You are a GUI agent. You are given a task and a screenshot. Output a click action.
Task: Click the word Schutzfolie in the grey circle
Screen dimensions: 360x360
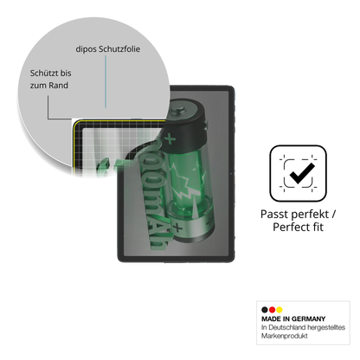click(x=119, y=49)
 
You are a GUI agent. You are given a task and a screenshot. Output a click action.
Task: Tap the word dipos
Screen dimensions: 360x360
click(x=86, y=49)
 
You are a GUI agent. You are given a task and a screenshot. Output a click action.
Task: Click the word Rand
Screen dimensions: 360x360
click(x=58, y=86)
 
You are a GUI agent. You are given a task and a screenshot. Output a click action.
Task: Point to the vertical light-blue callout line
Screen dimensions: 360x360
click(x=106, y=81)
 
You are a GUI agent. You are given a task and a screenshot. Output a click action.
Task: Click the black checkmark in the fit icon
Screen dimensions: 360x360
click(x=302, y=173)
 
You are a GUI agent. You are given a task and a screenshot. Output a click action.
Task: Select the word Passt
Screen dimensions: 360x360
click(x=274, y=215)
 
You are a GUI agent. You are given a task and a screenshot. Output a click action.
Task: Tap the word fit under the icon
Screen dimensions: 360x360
click(x=317, y=227)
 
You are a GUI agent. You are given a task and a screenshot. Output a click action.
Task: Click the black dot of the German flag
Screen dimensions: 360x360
click(x=265, y=310)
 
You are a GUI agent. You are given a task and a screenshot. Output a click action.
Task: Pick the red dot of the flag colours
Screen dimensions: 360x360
click(x=272, y=310)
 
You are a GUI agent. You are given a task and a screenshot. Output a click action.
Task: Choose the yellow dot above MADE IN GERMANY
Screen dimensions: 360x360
click(x=280, y=310)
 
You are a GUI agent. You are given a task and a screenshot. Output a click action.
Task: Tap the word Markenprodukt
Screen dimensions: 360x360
click(x=285, y=336)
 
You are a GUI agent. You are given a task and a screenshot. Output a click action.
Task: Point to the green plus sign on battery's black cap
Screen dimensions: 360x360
click(x=170, y=139)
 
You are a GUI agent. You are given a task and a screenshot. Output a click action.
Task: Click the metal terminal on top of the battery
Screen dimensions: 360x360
click(x=180, y=110)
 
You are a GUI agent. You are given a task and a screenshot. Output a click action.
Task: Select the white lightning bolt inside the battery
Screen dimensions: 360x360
click(x=187, y=185)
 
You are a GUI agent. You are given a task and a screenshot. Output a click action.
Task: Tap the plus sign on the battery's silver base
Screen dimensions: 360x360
click(x=177, y=228)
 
